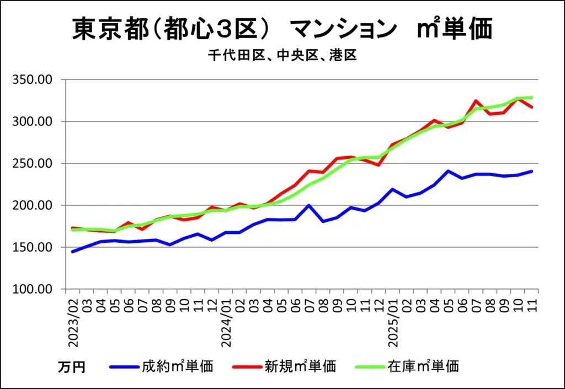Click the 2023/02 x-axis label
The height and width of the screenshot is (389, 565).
click(x=73, y=323)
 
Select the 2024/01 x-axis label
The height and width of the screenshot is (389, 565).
click(x=226, y=323)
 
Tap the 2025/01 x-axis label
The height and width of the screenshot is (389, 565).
click(x=393, y=323)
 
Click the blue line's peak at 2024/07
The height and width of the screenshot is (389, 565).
click(x=309, y=205)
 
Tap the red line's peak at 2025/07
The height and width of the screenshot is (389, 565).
click(x=476, y=101)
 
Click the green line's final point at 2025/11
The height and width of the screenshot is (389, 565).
click(x=532, y=98)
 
